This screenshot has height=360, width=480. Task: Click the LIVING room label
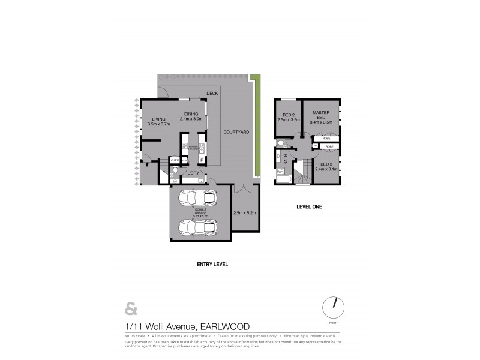coord(158,119)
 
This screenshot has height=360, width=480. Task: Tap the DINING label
coord(191,114)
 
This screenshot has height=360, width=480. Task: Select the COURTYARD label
coord(236,131)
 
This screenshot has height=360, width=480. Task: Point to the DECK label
coord(211,94)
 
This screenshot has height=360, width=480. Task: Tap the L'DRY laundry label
coord(193,173)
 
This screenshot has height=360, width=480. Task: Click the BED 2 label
coord(289,115)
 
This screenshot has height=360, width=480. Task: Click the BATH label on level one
coord(286,161)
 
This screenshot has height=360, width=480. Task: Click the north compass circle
coord(333,307)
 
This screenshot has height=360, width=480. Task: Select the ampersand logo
coord(130,309)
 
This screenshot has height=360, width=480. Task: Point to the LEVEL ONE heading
coord(310,206)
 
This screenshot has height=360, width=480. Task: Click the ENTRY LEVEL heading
coord(212,264)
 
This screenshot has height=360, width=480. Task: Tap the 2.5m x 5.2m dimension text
coord(244,213)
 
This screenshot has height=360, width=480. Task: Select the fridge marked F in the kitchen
coord(201,160)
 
